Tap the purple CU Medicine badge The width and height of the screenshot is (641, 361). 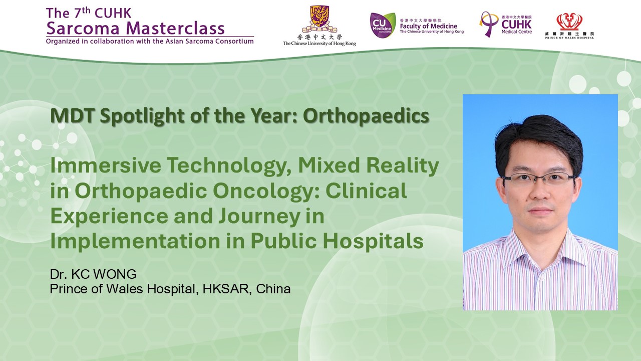point(383,25)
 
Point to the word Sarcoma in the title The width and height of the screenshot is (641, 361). point(83,29)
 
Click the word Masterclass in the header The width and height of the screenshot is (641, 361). point(175,29)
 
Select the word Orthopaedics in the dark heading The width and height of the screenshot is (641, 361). point(366,116)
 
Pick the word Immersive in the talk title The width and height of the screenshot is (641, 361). point(106,165)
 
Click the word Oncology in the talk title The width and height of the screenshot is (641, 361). point(265,192)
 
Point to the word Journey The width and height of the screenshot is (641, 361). point(259,217)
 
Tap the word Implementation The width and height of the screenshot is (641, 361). point(135,241)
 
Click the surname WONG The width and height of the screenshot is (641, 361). point(115,274)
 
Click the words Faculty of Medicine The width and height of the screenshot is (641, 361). point(428,26)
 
